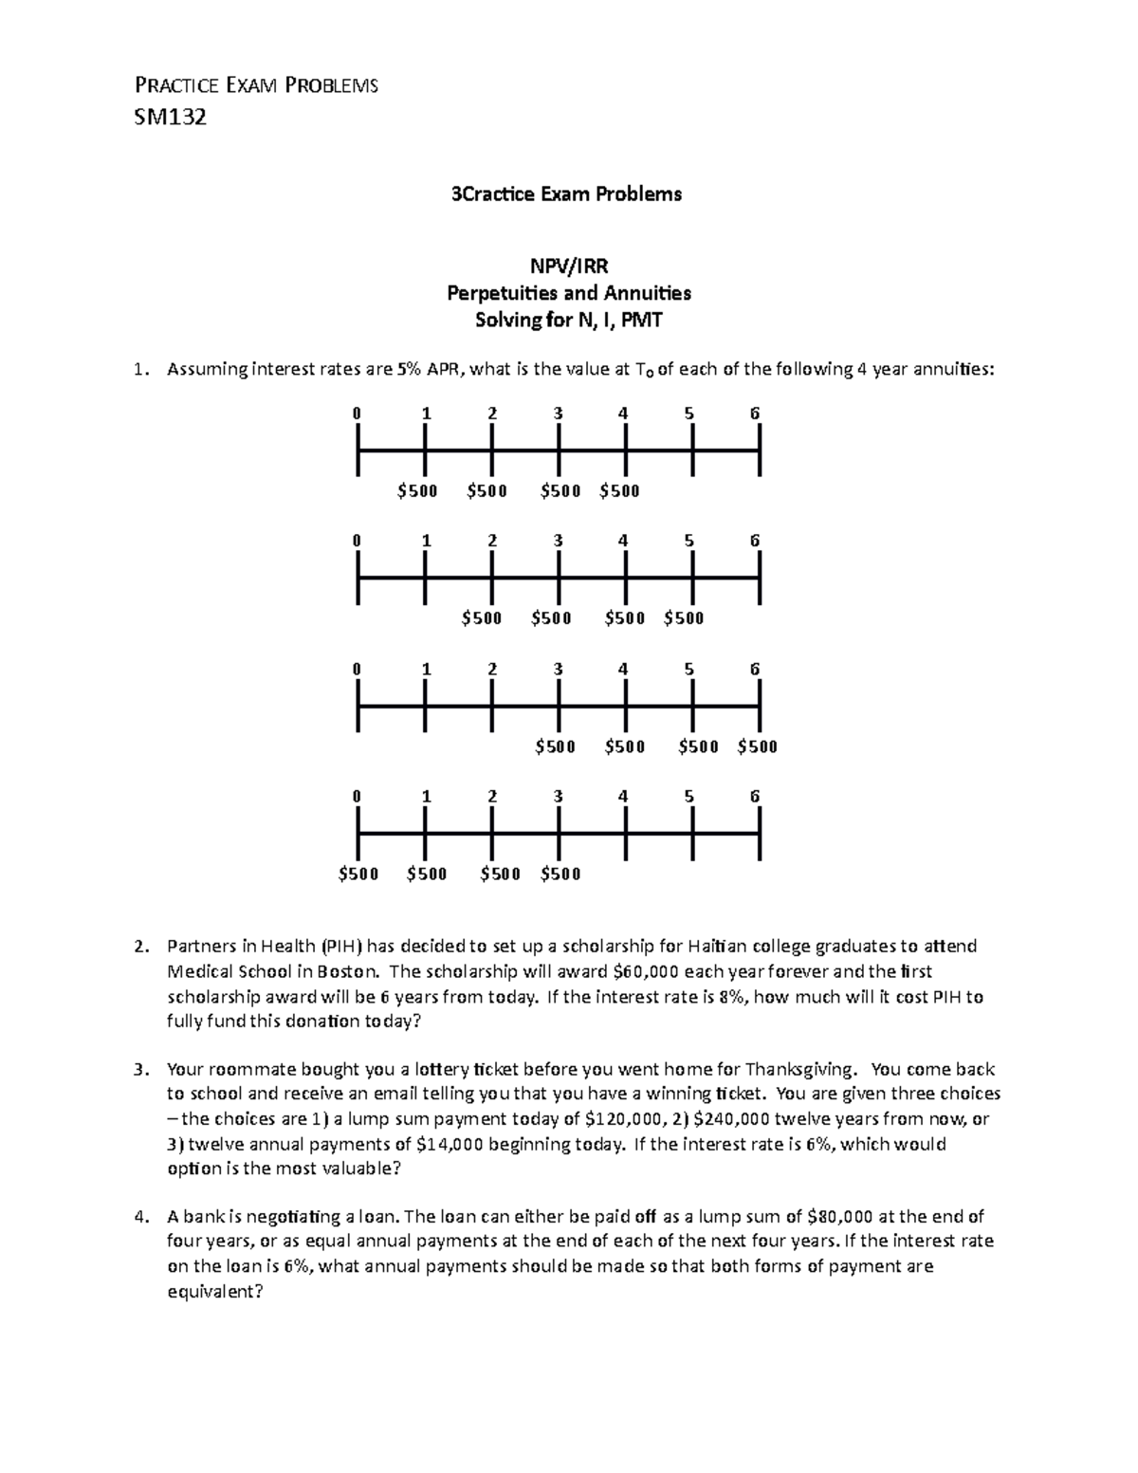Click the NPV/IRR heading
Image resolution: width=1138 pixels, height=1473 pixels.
tap(568, 267)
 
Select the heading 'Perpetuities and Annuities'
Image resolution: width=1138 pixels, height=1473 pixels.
tap(568, 293)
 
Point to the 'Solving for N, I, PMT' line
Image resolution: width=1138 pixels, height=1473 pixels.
tap(568, 320)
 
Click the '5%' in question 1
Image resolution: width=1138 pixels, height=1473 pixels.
tap(404, 370)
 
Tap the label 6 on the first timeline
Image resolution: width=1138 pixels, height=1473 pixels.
tap(755, 414)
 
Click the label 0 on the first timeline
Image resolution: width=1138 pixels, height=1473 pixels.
tap(357, 414)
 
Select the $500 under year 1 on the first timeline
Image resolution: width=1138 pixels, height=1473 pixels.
tap(417, 491)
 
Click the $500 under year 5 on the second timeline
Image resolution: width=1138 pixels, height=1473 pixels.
tap(684, 618)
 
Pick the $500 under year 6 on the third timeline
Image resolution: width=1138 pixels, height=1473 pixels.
tap(757, 746)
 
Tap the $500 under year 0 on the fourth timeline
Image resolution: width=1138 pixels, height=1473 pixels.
tap(358, 874)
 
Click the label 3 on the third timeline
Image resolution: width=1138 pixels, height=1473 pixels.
tap(558, 669)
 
